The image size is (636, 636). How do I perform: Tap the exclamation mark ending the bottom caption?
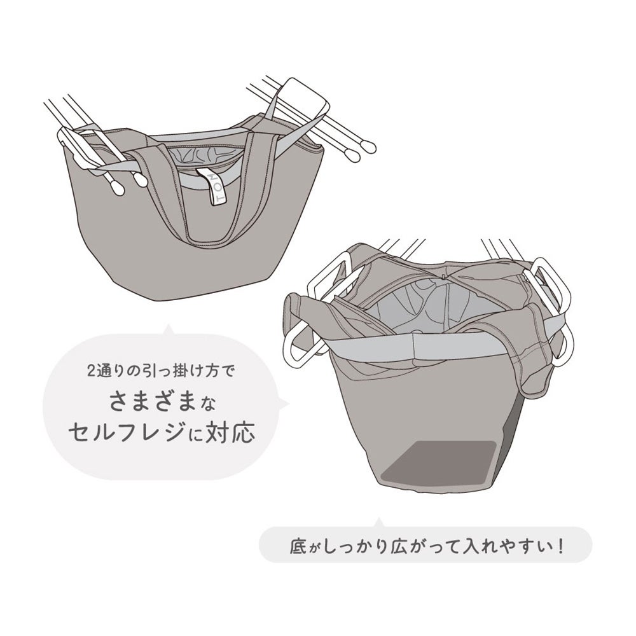point(561,546)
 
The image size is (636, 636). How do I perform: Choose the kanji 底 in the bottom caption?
point(297,546)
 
